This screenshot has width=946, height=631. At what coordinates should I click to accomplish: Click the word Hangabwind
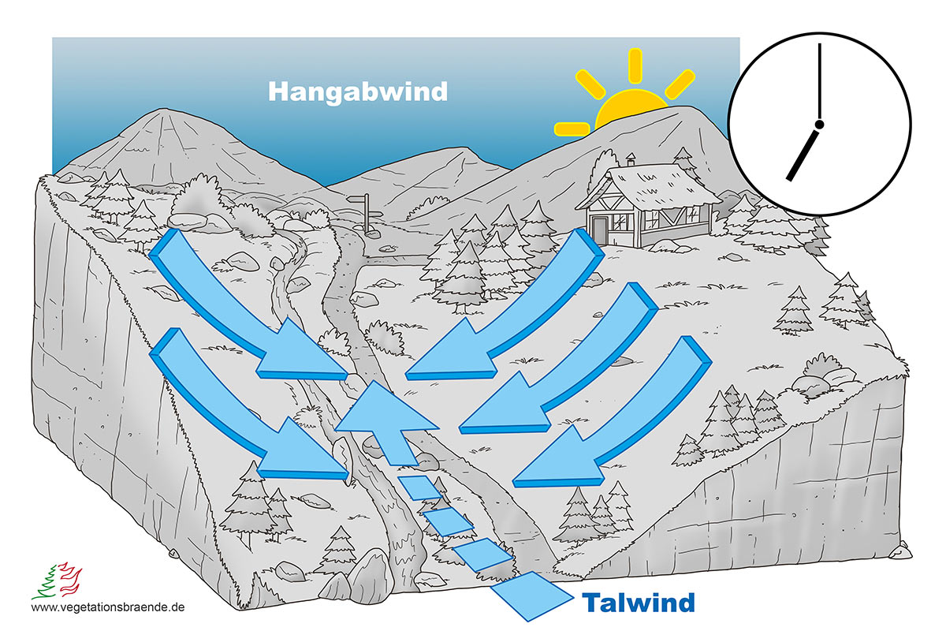click(x=358, y=91)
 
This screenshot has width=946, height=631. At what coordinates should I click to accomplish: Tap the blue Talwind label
click(x=639, y=603)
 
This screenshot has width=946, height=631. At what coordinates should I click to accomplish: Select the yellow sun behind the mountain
click(x=631, y=110)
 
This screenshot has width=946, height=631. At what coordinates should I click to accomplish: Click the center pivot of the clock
click(x=820, y=125)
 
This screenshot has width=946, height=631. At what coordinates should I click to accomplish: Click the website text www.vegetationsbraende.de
click(x=108, y=608)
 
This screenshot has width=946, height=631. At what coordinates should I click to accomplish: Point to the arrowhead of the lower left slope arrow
click(x=315, y=461)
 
